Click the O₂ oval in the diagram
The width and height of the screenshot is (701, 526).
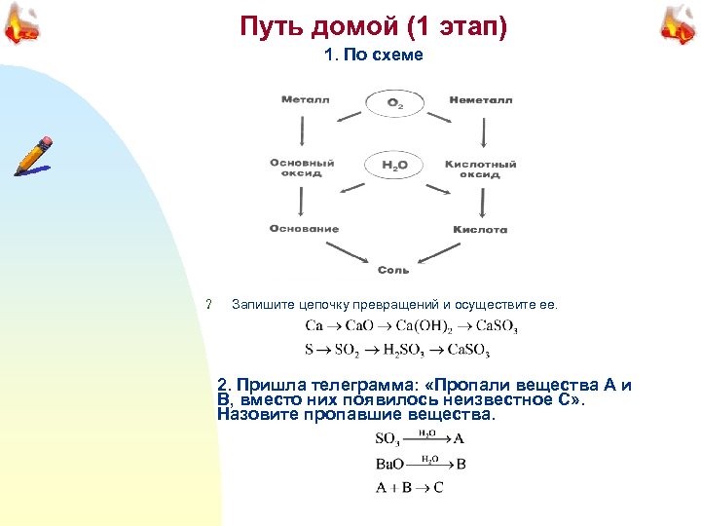(394, 102)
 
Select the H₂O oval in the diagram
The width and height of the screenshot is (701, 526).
(394, 166)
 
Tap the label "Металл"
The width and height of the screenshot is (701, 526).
(306, 99)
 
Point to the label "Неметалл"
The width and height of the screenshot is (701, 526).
(481, 99)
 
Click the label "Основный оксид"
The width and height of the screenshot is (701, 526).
(302, 169)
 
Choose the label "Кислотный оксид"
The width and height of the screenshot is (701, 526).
(481, 169)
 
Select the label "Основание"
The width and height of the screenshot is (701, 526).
(305, 229)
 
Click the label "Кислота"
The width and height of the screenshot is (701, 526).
(480, 230)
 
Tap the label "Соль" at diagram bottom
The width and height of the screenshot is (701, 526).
(393, 270)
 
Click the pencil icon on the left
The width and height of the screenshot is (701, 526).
(33, 157)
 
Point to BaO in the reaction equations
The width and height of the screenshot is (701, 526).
(389, 464)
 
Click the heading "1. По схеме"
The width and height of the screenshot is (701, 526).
(374, 55)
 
